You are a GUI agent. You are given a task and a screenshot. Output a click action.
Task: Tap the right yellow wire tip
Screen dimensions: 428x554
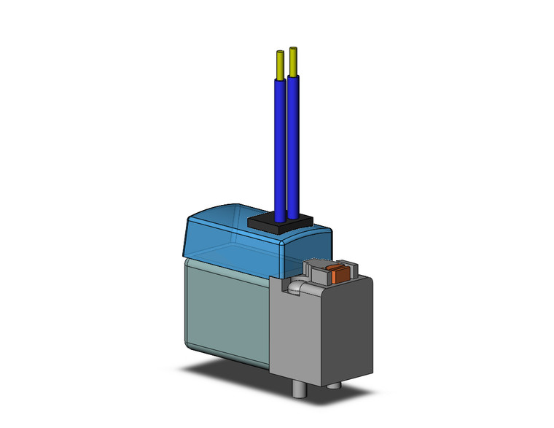pos(293,61)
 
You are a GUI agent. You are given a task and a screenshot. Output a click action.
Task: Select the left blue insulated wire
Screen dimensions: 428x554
pos(280,146)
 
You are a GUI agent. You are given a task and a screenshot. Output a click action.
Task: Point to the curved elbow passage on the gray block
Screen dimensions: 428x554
pos(294,287)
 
